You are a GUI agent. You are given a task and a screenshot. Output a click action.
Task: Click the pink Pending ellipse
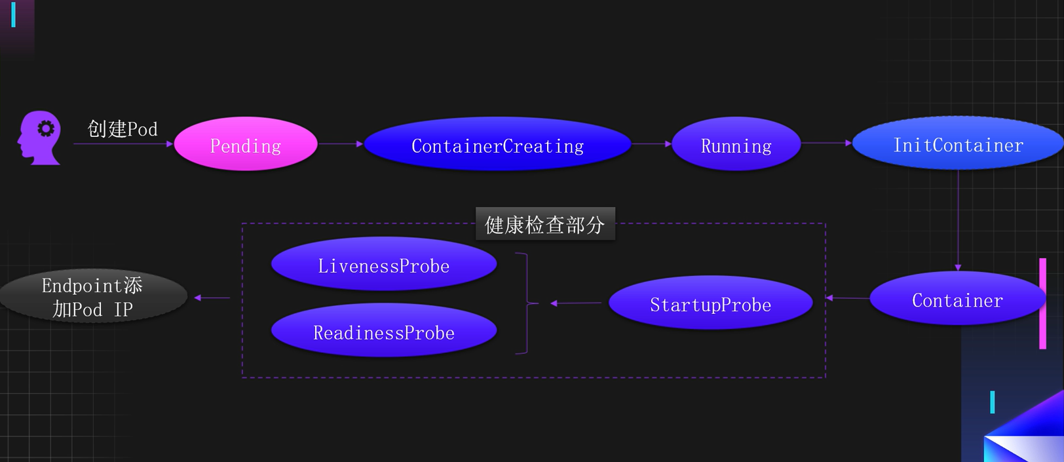pos(246,144)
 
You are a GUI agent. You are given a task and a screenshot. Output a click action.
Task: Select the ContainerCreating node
pos(497,144)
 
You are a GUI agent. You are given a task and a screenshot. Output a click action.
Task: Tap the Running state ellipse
pos(736,144)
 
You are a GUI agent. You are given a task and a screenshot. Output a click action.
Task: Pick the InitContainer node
pos(958,144)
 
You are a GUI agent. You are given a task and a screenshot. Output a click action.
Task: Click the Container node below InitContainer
pos(957,299)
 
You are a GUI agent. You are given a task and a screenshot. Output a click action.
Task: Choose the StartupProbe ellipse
pos(711,303)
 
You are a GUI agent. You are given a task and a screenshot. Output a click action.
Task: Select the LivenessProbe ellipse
pos(384,264)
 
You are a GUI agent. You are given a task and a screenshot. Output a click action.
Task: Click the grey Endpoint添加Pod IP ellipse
pos(93,296)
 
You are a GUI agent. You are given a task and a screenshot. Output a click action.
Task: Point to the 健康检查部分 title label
pos(545,225)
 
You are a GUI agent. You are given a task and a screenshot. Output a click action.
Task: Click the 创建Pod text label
pos(123,128)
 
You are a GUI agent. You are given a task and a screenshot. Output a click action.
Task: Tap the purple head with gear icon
pos(41,137)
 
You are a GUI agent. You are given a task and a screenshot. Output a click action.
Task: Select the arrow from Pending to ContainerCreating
pos(341,144)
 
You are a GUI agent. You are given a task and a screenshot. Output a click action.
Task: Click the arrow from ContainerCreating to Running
pos(651,144)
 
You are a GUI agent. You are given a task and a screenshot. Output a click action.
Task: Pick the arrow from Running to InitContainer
pos(826,142)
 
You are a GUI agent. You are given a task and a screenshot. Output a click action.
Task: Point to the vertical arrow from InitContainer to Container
pos(958,220)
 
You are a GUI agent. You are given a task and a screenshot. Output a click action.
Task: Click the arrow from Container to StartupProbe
pos(848,298)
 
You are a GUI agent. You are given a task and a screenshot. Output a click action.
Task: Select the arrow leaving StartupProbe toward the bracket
pos(576,303)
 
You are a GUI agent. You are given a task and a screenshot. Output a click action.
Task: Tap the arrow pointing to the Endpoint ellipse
pos(212,298)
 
